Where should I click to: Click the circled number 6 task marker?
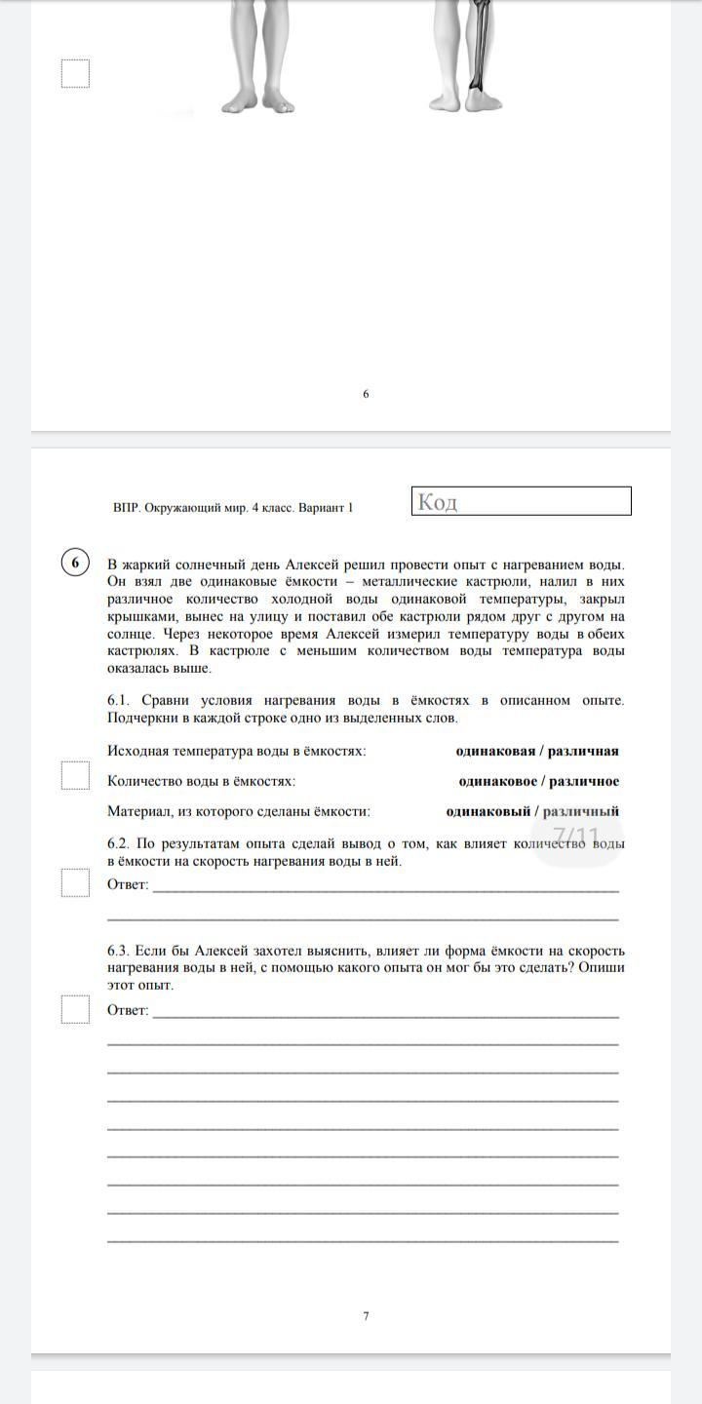[75, 563]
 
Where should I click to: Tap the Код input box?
[522, 501]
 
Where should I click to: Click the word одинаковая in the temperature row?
[495, 751]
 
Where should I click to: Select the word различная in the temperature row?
[583, 751]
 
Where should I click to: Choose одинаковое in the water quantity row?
[498, 781]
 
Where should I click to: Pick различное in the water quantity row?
[583, 781]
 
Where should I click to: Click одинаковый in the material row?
[488, 811]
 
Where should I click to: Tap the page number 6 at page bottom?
[366, 394]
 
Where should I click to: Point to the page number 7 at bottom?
[366, 1316]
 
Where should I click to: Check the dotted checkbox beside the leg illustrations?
[75, 73]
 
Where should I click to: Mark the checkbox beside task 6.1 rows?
[75, 776]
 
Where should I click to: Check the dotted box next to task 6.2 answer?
[75, 881]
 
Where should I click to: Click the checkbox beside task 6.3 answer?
[75, 1008]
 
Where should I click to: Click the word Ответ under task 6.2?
[127, 884]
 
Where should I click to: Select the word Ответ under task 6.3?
[127, 1010]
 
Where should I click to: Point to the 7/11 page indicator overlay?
[576, 837]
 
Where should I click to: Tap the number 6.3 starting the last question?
[118, 951]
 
